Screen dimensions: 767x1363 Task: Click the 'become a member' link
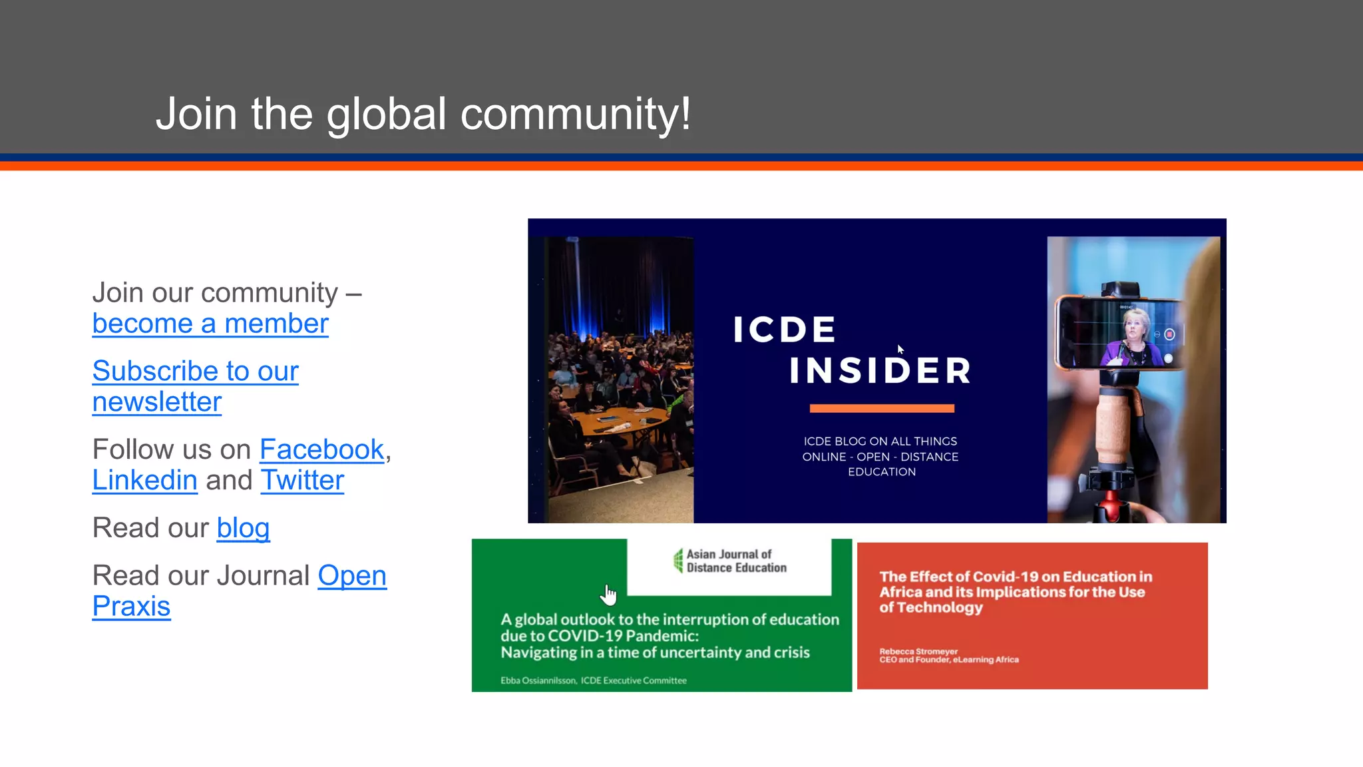pos(210,324)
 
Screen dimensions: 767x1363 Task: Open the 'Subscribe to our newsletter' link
pos(195,386)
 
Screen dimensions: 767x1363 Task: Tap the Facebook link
pos(321,450)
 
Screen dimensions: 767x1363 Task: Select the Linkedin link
pos(144,481)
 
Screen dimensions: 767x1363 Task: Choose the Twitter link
pos(302,481)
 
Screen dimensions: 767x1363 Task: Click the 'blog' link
pos(243,529)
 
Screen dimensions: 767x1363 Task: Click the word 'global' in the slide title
pos(386,114)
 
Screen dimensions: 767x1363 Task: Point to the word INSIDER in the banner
pos(880,371)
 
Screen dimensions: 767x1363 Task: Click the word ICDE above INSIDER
pos(784,330)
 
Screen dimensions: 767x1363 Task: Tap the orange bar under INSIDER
pos(881,408)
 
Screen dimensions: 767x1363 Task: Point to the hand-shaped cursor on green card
pos(608,594)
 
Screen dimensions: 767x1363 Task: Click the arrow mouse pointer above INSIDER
pos(900,349)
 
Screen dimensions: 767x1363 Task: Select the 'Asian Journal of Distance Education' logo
pos(729,561)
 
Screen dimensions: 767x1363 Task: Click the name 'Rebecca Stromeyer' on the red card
pos(918,651)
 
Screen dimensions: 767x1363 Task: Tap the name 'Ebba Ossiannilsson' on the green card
pos(538,680)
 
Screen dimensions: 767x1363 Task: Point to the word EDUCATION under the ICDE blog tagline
pos(881,472)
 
